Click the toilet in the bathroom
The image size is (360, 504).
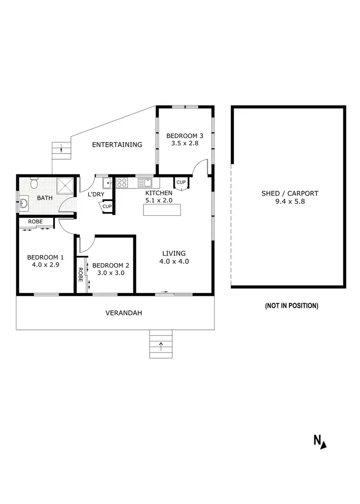point(34,183)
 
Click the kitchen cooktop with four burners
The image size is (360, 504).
point(122,182)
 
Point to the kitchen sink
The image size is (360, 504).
point(145,182)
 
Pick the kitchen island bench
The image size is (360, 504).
point(162,210)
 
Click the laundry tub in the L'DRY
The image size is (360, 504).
point(108,182)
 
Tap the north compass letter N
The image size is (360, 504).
point(317,440)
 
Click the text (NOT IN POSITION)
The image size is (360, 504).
point(291,305)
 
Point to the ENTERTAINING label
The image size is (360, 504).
point(117,144)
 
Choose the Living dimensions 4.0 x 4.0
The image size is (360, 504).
point(174,261)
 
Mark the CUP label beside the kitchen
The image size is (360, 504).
point(181,182)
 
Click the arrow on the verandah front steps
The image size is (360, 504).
point(161,343)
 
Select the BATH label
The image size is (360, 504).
point(45,198)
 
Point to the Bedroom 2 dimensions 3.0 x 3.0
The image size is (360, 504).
point(110,273)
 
